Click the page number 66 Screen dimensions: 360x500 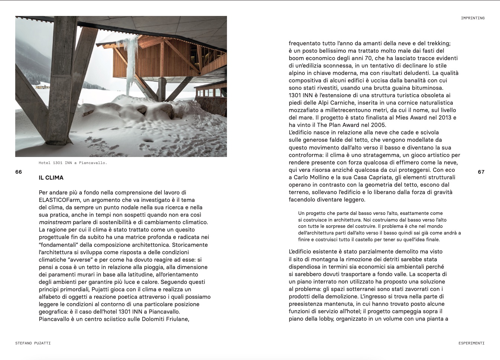pyautogui.click(x=19, y=172)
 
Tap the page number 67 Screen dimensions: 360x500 pyautogui.click(x=481, y=172)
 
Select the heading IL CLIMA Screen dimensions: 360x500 pyautogui.click(x=51, y=178)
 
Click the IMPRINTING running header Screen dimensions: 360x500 pyautogui.click(x=473, y=18)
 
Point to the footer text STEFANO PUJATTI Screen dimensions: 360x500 pyautogui.click(x=33, y=343)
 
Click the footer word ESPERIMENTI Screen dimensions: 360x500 pyautogui.click(x=471, y=343)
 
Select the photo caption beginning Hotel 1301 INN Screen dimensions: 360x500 pyautogui.click(x=73, y=163)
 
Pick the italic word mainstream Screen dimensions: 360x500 pyautogui.click(x=55, y=222)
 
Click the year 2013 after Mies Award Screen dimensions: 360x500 pyautogui.click(x=444, y=118)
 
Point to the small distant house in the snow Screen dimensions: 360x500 pyautogui.click(x=42, y=86)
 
